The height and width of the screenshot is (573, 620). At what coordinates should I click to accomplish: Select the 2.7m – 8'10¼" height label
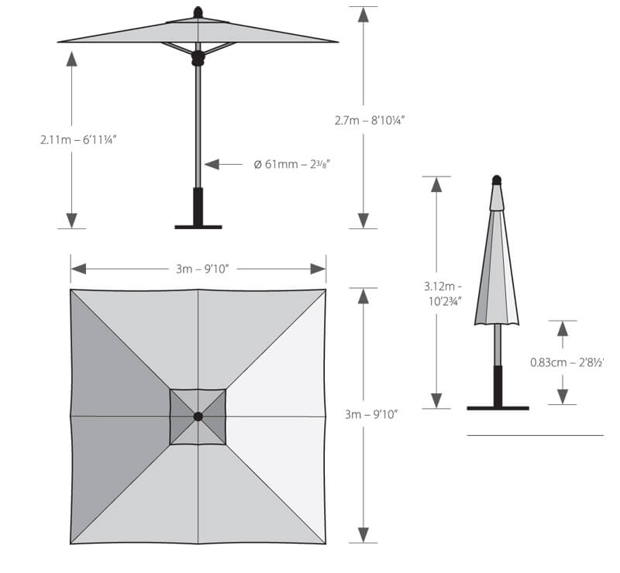pos(370,120)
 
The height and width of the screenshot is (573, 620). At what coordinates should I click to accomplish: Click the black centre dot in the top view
pos(198,417)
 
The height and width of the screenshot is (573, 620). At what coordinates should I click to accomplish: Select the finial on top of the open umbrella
pos(198,12)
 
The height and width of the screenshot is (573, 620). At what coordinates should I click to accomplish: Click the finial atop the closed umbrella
pos(497,180)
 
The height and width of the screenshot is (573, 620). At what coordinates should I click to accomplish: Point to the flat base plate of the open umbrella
pos(198,227)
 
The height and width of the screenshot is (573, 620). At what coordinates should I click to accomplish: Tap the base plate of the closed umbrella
pos(498,407)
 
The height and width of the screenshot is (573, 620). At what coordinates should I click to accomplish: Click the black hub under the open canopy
pos(198,57)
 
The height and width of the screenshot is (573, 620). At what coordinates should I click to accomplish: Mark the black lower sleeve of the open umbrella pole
pos(198,206)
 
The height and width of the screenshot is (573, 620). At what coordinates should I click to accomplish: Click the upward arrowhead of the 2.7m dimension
pos(363,15)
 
